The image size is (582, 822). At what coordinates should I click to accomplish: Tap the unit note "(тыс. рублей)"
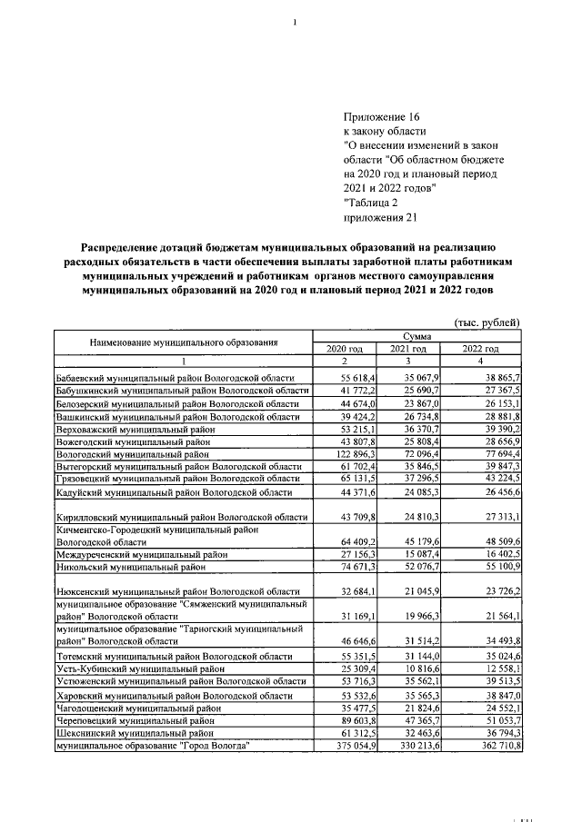(x=487, y=322)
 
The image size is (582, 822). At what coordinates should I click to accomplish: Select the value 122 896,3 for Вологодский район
(x=344, y=451)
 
